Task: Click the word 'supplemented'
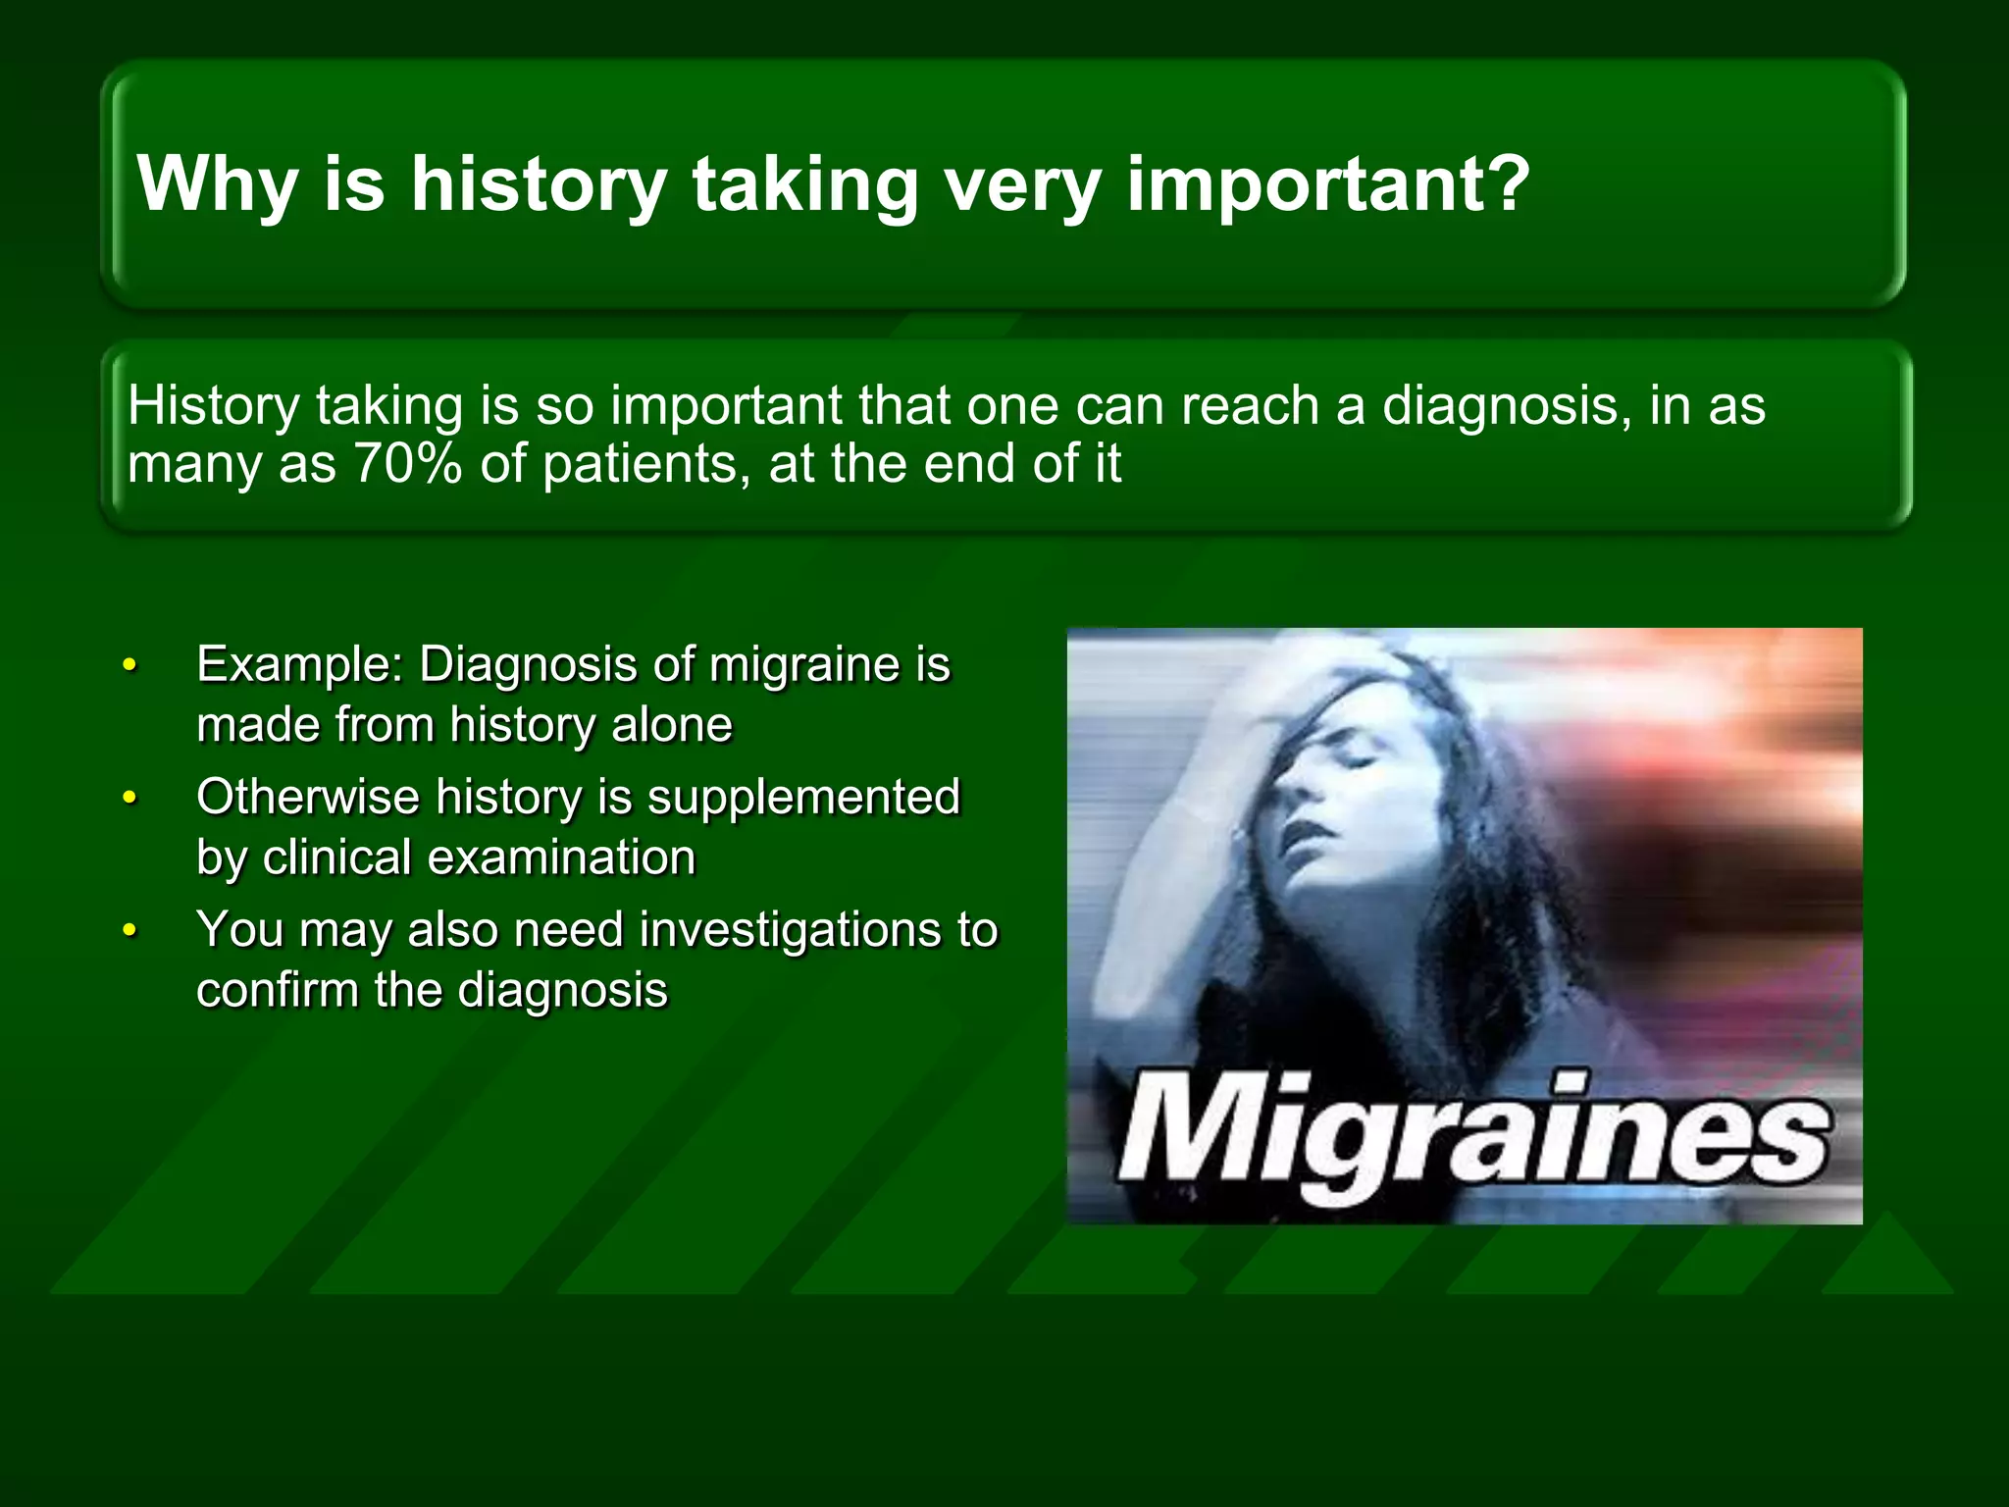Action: pyautogui.click(x=803, y=797)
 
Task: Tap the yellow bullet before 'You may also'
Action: pyautogui.click(x=129, y=930)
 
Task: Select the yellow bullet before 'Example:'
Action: pyautogui.click(x=129, y=665)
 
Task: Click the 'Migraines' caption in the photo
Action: pyautogui.click(x=1471, y=1138)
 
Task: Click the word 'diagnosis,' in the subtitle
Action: pyautogui.click(x=1507, y=406)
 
